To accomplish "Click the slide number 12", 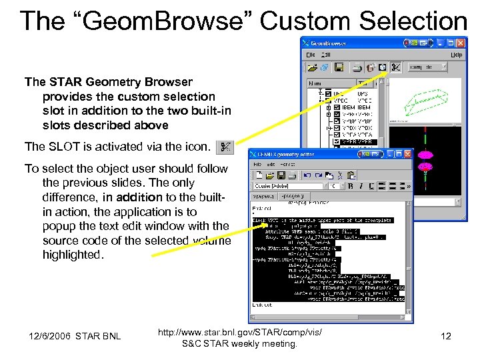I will tap(446, 336).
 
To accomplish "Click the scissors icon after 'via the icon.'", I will tap(225, 146).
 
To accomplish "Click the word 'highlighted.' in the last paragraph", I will tap(73, 255).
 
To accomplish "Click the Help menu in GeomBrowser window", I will tap(456, 55).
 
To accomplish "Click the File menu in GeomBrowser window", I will tap(311, 55).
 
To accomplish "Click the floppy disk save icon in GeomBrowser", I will tap(339, 67).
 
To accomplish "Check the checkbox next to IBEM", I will tap(337, 107).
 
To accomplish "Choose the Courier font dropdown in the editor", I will tap(287, 186).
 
